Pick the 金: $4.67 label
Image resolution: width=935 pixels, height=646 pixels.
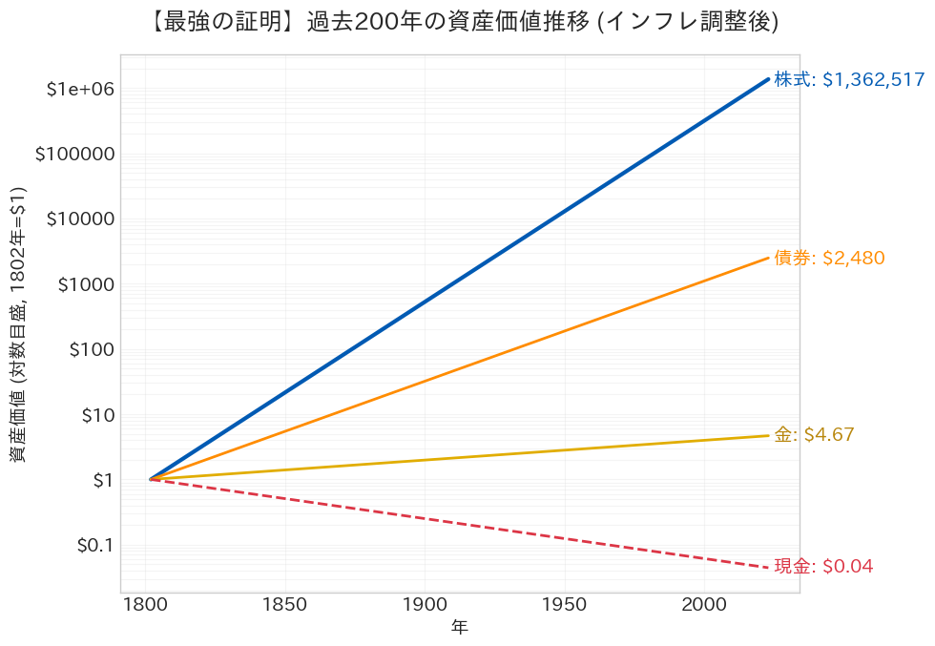(814, 435)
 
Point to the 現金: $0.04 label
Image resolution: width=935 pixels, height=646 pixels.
(823, 567)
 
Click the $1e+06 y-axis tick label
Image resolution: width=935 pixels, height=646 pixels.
(80, 90)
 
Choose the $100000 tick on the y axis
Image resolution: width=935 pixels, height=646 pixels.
(74, 155)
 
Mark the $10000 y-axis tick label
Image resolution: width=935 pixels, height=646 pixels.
(80, 219)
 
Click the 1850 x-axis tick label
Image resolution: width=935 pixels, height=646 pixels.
(284, 605)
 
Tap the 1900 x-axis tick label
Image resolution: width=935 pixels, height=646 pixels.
(424, 605)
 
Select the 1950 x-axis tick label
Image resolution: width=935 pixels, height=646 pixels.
(564, 605)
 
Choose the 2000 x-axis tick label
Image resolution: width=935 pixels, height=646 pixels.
(703, 605)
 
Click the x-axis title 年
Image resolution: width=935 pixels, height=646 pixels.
(460, 628)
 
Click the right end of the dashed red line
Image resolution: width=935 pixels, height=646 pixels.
(768, 568)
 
